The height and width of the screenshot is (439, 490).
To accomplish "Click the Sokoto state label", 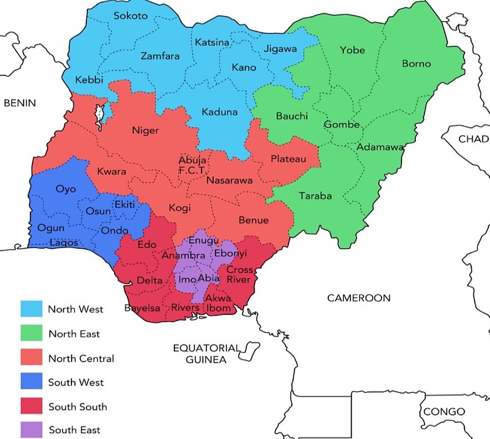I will (x=131, y=16).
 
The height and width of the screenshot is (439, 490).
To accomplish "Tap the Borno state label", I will (x=416, y=64).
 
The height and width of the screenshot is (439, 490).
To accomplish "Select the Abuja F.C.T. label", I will (x=192, y=166).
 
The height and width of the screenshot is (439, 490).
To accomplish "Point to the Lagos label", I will (x=64, y=242).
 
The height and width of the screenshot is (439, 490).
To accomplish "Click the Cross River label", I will (x=240, y=275).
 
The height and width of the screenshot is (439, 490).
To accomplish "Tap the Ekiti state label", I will (x=124, y=205).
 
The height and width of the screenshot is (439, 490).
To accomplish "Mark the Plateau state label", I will (x=288, y=159).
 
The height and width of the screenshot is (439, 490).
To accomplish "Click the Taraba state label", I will (x=315, y=196).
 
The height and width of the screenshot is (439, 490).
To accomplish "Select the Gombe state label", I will (x=342, y=125).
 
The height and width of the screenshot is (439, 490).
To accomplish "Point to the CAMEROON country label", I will (x=358, y=298).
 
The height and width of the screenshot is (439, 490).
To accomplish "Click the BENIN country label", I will (x=19, y=103).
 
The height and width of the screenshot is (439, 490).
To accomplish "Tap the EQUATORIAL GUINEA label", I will (x=207, y=354).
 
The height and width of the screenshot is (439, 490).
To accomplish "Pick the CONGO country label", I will (x=444, y=412).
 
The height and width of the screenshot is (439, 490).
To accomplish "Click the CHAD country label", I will (x=473, y=138).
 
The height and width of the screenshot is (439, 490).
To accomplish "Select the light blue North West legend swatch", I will (x=32, y=309).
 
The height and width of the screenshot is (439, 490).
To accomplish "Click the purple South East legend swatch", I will (x=32, y=430).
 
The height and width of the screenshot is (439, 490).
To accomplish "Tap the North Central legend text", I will (x=81, y=358).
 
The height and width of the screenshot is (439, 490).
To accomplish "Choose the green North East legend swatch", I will (x=32, y=333).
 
